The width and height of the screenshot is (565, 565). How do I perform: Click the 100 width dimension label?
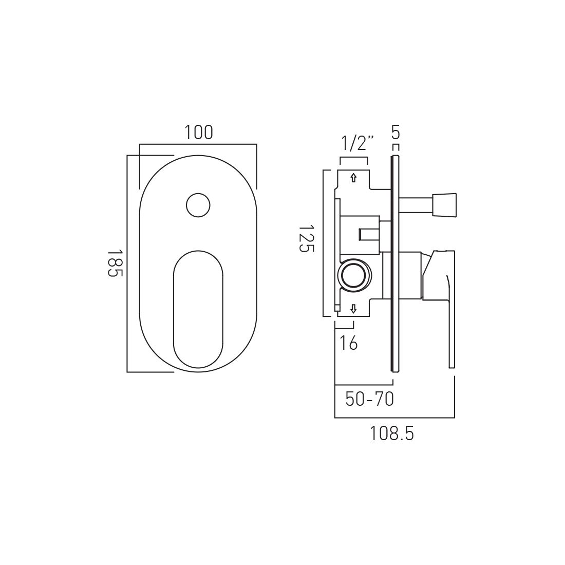[x=199, y=133]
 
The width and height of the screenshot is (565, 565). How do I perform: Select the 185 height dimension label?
[x=115, y=263]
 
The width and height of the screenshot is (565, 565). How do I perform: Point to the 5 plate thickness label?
[x=395, y=133]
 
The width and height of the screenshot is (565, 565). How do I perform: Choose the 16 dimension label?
[x=349, y=343]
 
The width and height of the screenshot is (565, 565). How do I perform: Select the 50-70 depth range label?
[x=369, y=399]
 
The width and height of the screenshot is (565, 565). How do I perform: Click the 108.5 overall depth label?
[x=391, y=434]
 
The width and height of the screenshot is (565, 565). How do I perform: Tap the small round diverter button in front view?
[x=198, y=205]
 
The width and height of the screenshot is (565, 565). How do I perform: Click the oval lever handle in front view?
[x=198, y=310]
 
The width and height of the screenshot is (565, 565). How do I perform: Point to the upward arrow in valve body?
[x=353, y=178]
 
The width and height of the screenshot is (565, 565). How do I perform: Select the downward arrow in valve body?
[x=353, y=309]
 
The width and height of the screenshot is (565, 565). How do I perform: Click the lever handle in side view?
[x=442, y=288]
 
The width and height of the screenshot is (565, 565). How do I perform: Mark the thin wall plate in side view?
[x=394, y=262]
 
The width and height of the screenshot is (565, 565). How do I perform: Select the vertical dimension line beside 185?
[x=127, y=263]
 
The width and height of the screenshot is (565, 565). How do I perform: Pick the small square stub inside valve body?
[x=368, y=234]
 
